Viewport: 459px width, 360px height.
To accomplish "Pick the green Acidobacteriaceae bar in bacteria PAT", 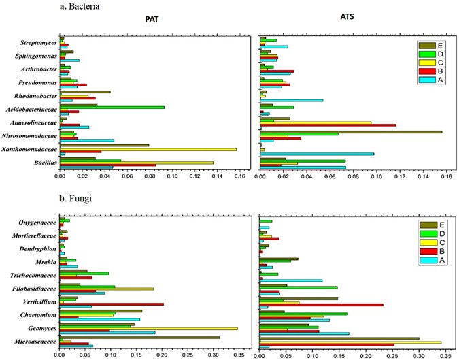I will tap(112, 107).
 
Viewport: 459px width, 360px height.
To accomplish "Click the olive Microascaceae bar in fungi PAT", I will tap(139, 337).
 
